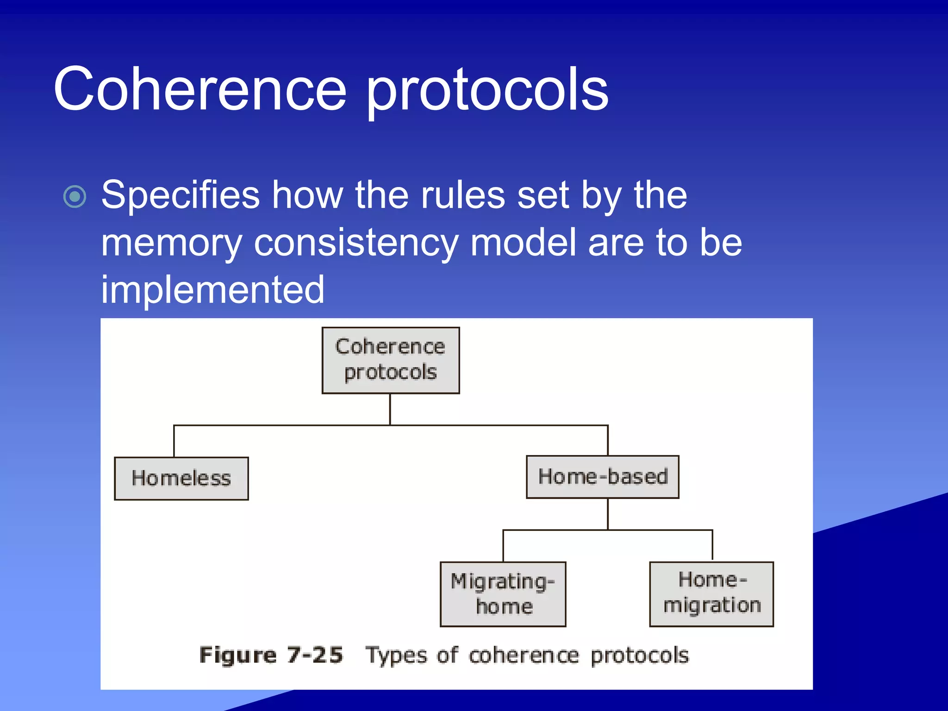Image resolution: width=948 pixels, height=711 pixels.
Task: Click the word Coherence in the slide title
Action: [x=200, y=89]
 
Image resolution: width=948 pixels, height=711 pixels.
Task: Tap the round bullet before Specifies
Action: [x=75, y=197]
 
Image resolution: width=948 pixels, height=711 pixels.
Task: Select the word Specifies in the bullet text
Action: [x=181, y=195]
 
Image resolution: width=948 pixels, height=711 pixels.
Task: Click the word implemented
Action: [x=212, y=290]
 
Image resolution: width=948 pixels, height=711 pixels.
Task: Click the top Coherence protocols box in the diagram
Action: [x=390, y=360]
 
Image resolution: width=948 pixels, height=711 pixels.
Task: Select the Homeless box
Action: [x=181, y=478]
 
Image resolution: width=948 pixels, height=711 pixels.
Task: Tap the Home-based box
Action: [x=602, y=477]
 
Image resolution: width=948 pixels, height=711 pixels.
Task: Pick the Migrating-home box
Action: [x=503, y=594]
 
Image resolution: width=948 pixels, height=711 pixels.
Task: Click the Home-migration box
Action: [x=711, y=593]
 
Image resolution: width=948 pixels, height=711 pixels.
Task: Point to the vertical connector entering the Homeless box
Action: [x=174, y=441]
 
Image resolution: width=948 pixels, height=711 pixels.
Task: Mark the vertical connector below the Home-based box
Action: [x=608, y=513]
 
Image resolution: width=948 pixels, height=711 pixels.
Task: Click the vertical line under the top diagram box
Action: [x=390, y=409]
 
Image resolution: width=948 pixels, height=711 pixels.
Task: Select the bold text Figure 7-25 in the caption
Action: [x=271, y=655]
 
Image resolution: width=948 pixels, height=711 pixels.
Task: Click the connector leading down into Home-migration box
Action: [x=712, y=545]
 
